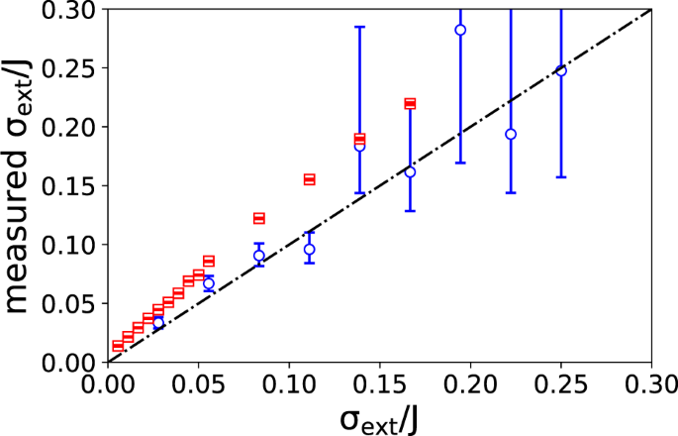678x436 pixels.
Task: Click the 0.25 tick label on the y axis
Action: pyautogui.click(x=75, y=68)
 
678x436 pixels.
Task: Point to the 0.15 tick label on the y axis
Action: pyautogui.click(x=75, y=185)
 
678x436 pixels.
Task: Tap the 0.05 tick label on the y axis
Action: pyautogui.click(x=75, y=303)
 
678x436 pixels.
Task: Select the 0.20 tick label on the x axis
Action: pyautogui.click(x=469, y=381)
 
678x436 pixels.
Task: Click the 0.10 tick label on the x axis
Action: pyautogui.click(x=288, y=381)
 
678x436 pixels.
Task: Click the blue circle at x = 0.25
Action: pyautogui.click(x=561, y=70)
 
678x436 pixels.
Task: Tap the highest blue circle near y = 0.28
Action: pyautogui.click(x=460, y=30)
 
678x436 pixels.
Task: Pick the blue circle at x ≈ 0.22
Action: pyautogui.click(x=511, y=134)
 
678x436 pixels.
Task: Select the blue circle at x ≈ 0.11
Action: pyautogui.click(x=309, y=249)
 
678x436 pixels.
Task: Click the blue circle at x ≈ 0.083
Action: pyautogui.click(x=259, y=255)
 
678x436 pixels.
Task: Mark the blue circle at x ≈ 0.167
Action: pyautogui.click(x=410, y=171)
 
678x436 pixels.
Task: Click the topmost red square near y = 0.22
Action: pyautogui.click(x=410, y=103)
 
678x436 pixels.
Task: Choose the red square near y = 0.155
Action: pyautogui.click(x=309, y=179)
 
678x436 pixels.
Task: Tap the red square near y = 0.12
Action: pyautogui.click(x=259, y=218)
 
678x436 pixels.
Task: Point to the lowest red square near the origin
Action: pyautogui.click(x=118, y=346)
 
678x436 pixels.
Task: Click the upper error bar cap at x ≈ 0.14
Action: pyautogui.click(x=359, y=27)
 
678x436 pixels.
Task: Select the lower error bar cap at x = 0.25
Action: pyautogui.click(x=561, y=176)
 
